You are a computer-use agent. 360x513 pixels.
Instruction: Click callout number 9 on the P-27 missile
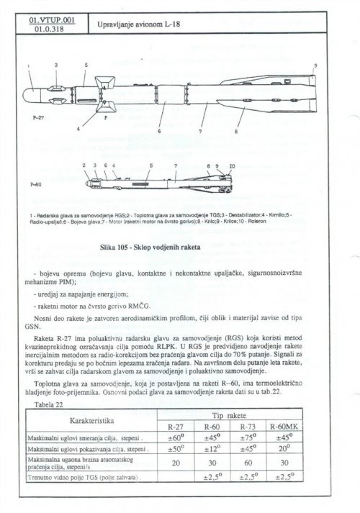(315, 66)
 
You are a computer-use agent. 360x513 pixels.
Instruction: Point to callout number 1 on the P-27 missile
(28, 66)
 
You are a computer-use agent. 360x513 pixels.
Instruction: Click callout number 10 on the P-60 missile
(231, 166)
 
